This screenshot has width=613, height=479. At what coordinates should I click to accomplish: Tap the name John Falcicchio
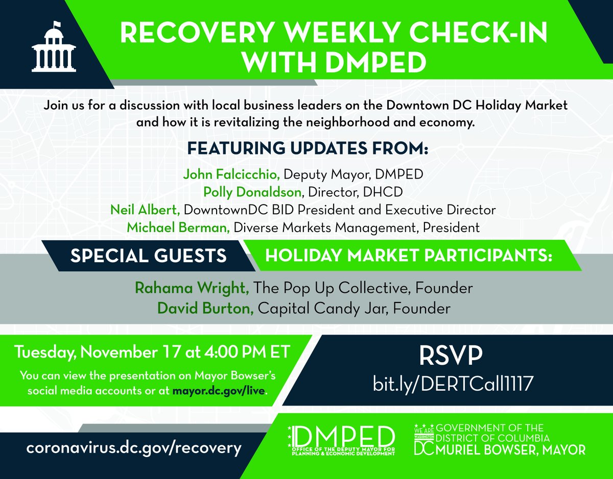231,175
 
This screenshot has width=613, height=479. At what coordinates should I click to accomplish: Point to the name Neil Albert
146,210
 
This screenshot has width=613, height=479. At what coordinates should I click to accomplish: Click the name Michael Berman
178,227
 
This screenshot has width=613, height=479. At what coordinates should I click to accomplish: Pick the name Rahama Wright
192,288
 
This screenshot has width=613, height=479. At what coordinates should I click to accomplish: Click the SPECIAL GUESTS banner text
149,256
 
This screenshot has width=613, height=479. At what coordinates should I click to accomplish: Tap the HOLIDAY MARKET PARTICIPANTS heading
409,256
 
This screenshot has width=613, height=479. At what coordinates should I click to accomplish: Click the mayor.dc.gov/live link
229,391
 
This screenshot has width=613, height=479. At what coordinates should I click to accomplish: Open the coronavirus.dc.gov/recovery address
134,448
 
